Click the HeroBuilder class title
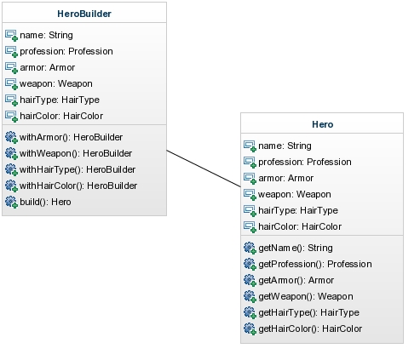[84, 14]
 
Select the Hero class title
[323, 124]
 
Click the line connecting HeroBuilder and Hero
[204, 169]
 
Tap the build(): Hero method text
[45, 202]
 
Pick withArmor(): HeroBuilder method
[71, 137]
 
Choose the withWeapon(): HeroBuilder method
[76, 153]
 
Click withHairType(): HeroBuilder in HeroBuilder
[78, 169]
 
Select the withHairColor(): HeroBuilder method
[78, 186]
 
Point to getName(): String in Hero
[296, 248]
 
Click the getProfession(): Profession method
[315, 264]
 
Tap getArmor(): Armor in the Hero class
[296, 280]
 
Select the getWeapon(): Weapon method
[306, 296]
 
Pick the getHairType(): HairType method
[308, 312]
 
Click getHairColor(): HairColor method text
[310, 329]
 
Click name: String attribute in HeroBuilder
[46, 35]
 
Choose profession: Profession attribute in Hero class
[305, 162]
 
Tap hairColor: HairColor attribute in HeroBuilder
[61, 116]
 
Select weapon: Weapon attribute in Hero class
[295, 194]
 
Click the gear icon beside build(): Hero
[11, 202]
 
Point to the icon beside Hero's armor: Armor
[250, 178]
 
